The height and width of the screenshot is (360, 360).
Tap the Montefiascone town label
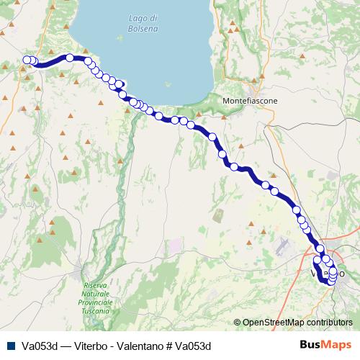pyautogui.click(x=251, y=102)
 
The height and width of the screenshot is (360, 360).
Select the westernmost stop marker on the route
pyautogui.click(x=27, y=60)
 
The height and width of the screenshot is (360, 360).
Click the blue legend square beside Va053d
pyautogui.click(x=10, y=346)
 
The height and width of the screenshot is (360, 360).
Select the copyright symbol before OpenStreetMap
pyautogui.click(x=237, y=323)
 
